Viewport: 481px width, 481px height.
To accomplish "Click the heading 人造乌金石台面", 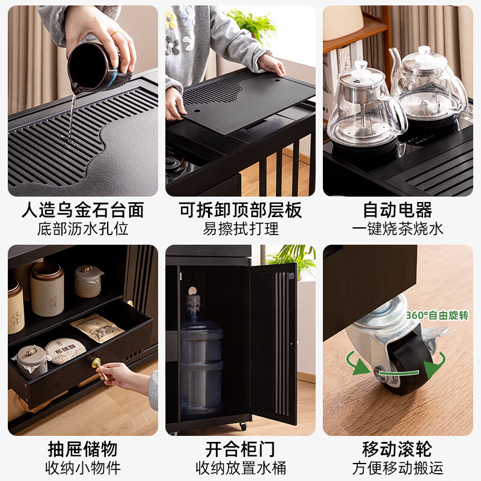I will tap(83, 210).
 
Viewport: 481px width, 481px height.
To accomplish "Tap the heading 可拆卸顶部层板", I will tap(240, 210).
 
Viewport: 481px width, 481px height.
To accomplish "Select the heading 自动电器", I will tap(397, 210).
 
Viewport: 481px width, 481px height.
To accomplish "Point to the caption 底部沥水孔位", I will tap(83, 229).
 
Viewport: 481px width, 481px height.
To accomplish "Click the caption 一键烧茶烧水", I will tap(397, 229).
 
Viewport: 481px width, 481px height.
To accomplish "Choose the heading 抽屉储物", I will tap(83, 449).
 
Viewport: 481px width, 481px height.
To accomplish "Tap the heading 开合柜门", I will tap(240, 449).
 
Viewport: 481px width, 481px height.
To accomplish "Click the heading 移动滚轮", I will tap(397, 449).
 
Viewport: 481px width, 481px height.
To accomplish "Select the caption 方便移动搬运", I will tap(397, 468).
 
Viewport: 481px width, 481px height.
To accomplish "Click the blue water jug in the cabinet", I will tap(201, 367).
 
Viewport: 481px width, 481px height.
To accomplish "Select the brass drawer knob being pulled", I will tap(96, 364).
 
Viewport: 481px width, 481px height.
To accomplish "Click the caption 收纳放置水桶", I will tap(240, 468).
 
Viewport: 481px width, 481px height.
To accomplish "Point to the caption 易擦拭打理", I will tap(240, 229).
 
